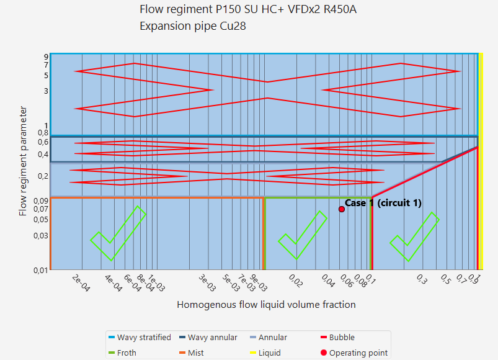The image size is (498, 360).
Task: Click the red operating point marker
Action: pos(342,209)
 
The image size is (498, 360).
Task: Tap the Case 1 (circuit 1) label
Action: pos(383,203)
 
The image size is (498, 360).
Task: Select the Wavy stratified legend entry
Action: pos(143,338)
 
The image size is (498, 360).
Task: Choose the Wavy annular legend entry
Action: pos(211,338)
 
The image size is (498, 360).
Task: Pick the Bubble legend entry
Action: pos(342,338)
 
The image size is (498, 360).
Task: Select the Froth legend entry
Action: pos(127,353)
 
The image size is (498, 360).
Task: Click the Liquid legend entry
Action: pos(269,353)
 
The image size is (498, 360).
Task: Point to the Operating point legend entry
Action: pos(358,353)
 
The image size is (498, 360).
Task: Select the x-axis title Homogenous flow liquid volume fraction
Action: pos(266,304)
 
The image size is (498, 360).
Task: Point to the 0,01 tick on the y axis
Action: pos(41,270)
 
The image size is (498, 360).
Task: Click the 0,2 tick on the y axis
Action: pos(43,176)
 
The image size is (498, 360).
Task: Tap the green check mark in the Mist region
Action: pos(118,233)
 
